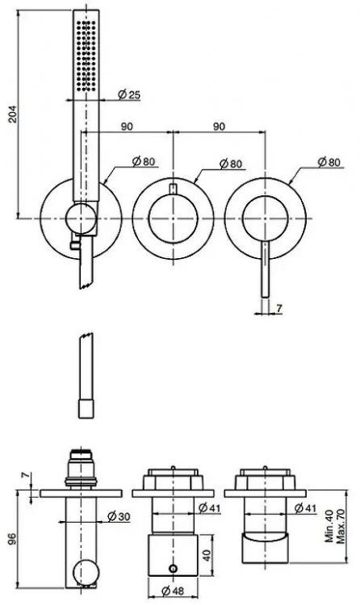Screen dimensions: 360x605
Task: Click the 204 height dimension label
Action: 13,114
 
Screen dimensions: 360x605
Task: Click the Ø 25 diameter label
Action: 129,94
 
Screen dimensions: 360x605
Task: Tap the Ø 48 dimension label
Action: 173,590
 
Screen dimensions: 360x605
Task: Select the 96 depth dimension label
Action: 12,539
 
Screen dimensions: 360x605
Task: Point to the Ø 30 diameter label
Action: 119,516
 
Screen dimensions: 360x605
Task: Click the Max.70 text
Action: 341,525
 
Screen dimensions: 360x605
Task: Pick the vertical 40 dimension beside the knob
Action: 207,555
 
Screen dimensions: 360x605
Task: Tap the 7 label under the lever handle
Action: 279,308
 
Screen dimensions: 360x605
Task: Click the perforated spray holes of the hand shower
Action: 86,56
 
